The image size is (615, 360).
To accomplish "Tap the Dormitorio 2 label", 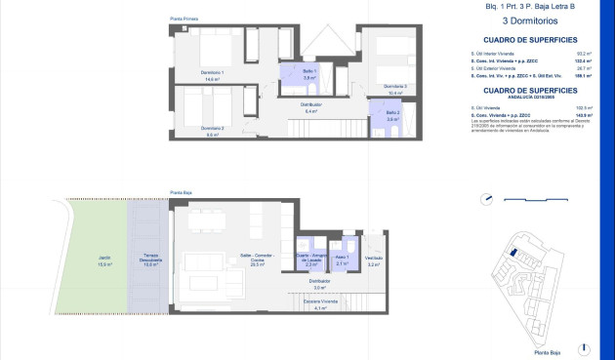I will [x=214, y=130].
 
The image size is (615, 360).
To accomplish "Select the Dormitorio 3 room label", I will [x=395, y=87].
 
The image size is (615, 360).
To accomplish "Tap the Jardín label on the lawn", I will [x=103, y=260].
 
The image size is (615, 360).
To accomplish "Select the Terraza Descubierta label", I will [x=150, y=260].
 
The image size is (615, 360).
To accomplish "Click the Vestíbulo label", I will [x=374, y=260].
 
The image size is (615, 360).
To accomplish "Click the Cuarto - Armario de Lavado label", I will [x=309, y=260].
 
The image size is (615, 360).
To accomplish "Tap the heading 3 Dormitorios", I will [x=530, y=20].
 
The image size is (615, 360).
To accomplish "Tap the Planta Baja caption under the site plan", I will [x=548, y=352].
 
